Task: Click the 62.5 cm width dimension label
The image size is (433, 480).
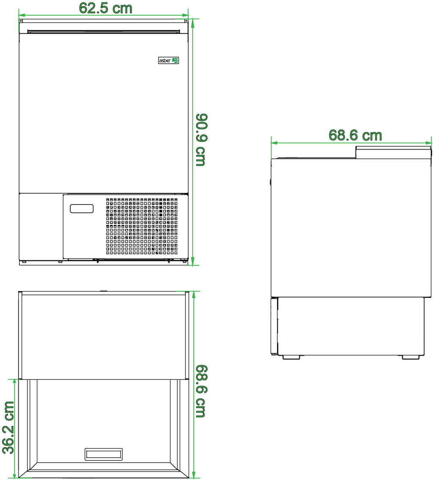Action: coord(106,8)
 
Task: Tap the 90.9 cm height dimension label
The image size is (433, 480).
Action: coord(202,140)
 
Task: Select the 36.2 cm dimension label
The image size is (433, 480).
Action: coord(8,428)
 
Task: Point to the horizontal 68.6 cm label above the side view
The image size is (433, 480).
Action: coord(356,135)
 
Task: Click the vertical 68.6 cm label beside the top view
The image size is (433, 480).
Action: coord(202,391)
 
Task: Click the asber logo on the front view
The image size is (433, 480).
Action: coord(168,60)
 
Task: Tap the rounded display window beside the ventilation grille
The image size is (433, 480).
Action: coord(82,208)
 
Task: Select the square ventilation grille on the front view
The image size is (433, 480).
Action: coord(142,226)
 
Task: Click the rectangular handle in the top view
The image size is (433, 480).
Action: coord(104,454)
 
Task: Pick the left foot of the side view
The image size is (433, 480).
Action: coord(291,357)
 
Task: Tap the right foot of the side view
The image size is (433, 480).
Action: coord(411,357)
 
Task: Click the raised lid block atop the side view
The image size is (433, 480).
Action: coord(394,153)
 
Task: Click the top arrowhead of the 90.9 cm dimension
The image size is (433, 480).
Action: coord(193,22)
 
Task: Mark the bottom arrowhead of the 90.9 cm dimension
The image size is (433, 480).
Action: coord(193,262)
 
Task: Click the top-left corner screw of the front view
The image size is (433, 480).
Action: coord(21,21)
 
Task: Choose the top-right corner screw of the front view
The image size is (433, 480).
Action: coord(186,21)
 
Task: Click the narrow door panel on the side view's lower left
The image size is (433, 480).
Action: coord(274,326)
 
